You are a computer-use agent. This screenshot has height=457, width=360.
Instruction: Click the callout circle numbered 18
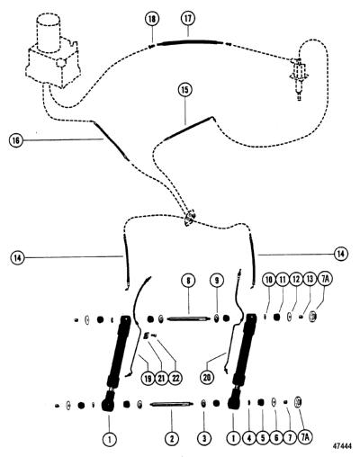pyautogui.click(x=152, y=19)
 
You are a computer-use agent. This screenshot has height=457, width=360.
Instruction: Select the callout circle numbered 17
pyautogui.click(x=188, y=18)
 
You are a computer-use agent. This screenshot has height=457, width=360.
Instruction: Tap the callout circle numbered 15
pyautogui.click(x=185, y=90)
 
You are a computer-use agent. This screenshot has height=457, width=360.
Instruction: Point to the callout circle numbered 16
pyautogui.click(x=16, y=140)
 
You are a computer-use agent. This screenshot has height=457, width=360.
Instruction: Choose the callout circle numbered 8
pyautogui.click(x=188, y=281)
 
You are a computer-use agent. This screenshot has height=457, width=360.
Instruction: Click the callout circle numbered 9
pyautogui.click(x=217, y=281)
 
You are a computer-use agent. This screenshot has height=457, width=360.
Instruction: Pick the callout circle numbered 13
pyautogui.click(x=310, y=280)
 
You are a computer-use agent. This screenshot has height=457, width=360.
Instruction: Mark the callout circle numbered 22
pyautogui.click(x=175, y=378)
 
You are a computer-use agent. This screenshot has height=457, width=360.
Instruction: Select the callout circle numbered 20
pyautogui.click(x=207, y=378)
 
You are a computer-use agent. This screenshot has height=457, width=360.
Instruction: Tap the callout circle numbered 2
pyautogui.click(x=172, y=439)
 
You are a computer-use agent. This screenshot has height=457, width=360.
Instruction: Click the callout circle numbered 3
pyautogui.click(x=204, y=439)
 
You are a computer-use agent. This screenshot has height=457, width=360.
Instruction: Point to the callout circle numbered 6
pyautogui.click(x=276, y=438)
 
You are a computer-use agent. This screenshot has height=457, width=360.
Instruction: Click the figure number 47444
pyautogui.click(x=342, y=446)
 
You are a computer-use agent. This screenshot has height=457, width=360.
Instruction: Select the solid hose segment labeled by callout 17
pyautogui.click(x=190, y=42)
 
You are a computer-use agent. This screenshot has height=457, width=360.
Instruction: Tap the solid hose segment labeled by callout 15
pyautogui.click(x=190, y=127)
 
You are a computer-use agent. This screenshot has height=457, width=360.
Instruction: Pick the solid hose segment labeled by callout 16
pyautogui.click(x=111, y=140)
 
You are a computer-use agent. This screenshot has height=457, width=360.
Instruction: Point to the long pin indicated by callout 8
pyautogui.click(x=188, y=319)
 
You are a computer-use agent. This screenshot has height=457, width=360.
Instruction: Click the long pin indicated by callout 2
pyautogui.click(x=171, y=404)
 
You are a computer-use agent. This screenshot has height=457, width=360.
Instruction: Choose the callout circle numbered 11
pyautogui.click(x=282, y=280)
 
